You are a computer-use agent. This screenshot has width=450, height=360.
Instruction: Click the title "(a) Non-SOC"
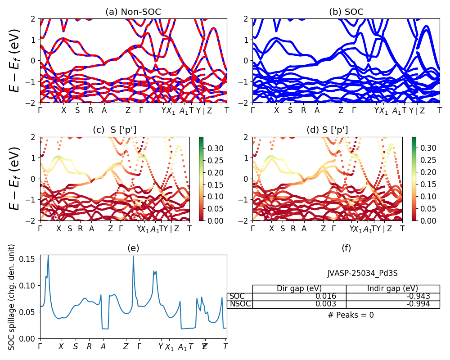click(x=133, y=12)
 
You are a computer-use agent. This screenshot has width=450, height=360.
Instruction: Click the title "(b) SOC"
click(x=346, y=12)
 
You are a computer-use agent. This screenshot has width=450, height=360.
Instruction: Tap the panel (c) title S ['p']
click(x=114, y=130)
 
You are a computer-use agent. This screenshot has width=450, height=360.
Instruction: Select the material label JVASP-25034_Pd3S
click(x=362, y=273)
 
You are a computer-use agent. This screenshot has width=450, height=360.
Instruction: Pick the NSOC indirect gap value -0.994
click(x=418, y=304)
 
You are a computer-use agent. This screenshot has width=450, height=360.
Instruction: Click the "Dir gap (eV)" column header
click(x=299, y=288)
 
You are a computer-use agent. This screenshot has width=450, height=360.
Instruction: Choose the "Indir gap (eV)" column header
click(x=392, y=288)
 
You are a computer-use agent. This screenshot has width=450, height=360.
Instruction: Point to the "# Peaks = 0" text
click(x=351, y=315)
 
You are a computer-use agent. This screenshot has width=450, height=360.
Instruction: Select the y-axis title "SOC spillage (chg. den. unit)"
click(x=12, y=297)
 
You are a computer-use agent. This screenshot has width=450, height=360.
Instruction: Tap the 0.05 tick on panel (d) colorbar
click(x=427, y=208)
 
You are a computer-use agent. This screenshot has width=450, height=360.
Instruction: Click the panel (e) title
click(x=133, y=248)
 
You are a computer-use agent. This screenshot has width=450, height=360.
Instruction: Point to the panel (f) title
click(x=346, y=248)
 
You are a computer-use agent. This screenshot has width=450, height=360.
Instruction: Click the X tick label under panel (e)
click(x=61, y=347)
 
